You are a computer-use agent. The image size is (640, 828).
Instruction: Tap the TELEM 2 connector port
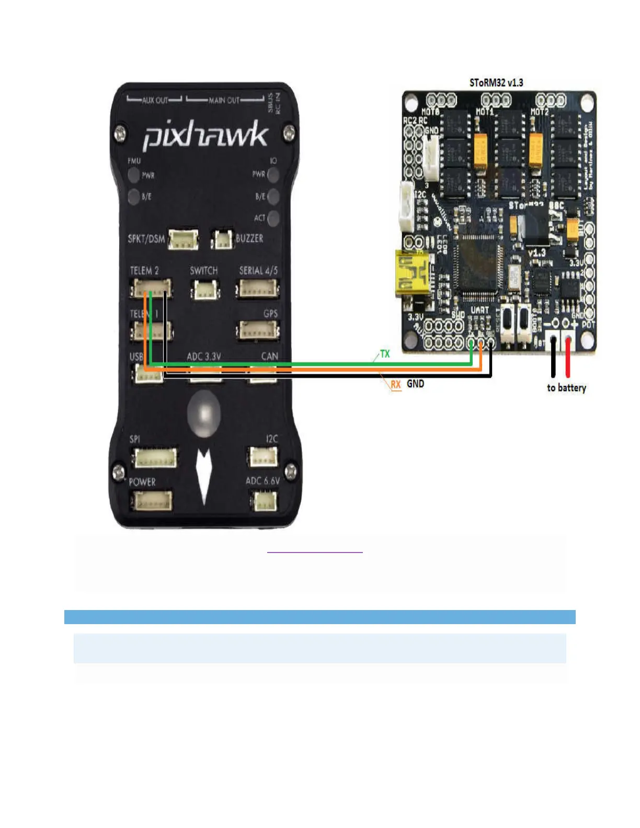click(152, 288)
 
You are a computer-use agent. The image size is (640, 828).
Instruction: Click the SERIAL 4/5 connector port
click(258, 289)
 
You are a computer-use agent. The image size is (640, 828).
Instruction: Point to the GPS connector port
click(258, 330)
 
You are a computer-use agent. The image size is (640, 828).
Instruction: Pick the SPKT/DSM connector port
click(183, 239)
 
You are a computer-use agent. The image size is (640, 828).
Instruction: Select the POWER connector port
click(152, 501)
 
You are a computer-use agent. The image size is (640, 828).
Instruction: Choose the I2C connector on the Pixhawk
click(263, 457)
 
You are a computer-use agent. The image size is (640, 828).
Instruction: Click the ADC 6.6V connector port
click(266, 501)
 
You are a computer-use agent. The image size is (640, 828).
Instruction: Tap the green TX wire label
click(385, 354)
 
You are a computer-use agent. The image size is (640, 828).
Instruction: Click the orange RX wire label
click(396, 384)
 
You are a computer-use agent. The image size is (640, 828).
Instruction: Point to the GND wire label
click(416, 384)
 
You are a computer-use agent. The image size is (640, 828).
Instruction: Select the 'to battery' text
click(566, 388)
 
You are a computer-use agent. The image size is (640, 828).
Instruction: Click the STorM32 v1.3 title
click(496, 83)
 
